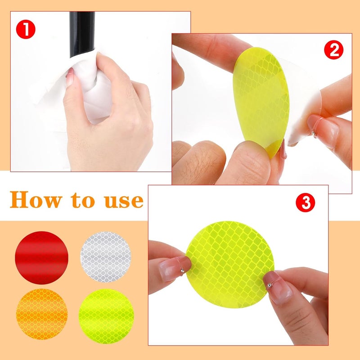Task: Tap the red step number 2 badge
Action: point(334,50)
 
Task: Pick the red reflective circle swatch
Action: point(41,257)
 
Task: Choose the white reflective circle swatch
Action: point(106,257)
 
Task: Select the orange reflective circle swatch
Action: point(41,314)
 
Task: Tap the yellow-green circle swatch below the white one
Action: point(106,314)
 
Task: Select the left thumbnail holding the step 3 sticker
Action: point(173,270)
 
